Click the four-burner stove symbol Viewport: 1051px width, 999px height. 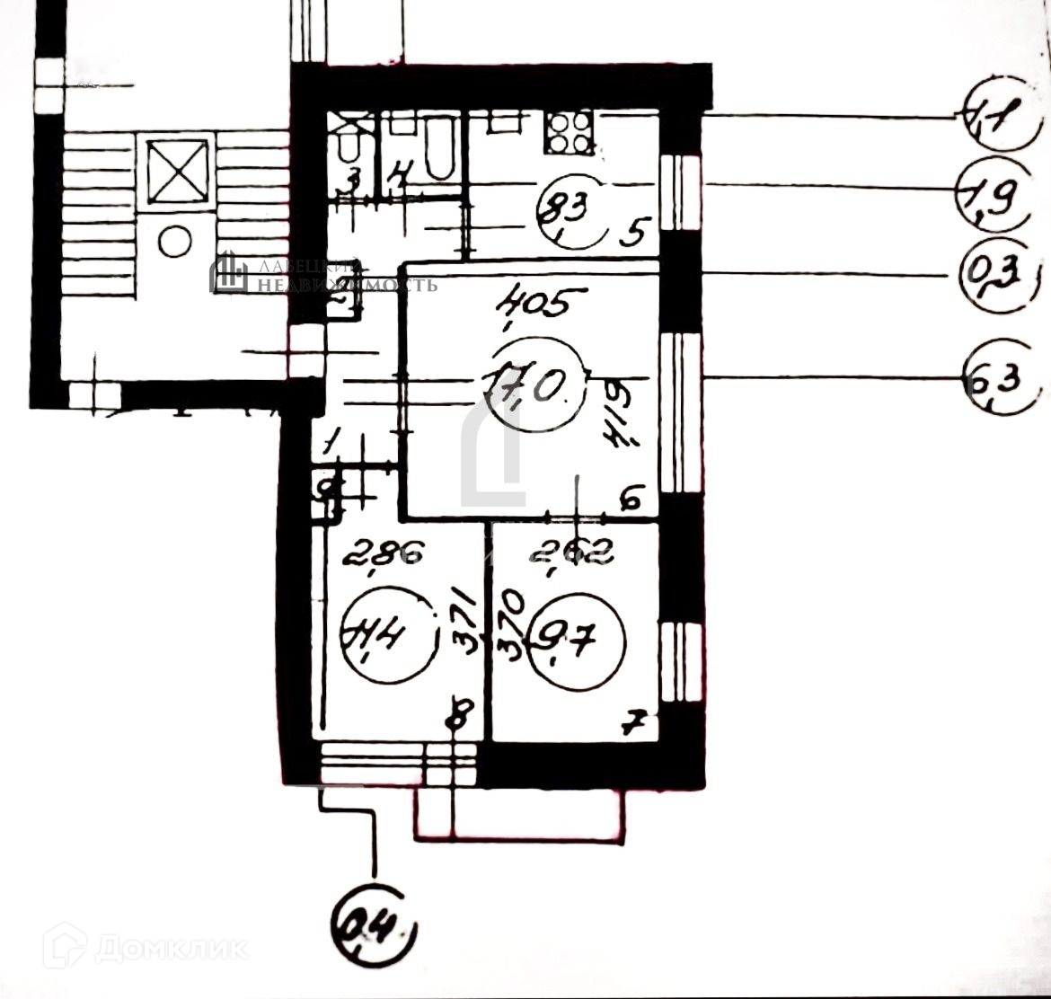[569, 132]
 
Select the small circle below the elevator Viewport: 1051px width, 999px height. [175, 240]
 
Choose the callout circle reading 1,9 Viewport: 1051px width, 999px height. [991, 191]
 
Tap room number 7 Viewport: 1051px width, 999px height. [634, 721]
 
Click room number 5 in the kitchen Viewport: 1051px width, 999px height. [634, 234]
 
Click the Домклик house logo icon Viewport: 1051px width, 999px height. [64, 945]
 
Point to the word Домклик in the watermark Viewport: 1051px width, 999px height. [171, 949]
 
